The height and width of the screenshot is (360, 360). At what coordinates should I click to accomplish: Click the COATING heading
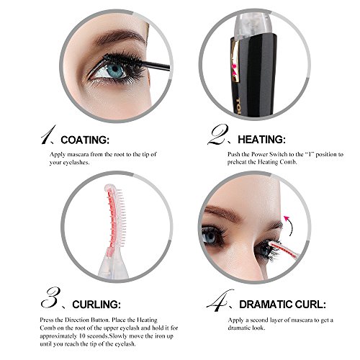click(85, 140)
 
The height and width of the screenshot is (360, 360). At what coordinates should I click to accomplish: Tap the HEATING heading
click(261, 140)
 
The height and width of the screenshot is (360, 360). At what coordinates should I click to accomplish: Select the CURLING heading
click(96, 305)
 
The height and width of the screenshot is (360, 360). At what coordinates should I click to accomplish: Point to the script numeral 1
click(48, 135)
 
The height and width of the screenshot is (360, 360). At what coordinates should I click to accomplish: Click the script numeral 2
click(217, 135)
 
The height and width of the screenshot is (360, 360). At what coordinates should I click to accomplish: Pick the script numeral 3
click(50, 297)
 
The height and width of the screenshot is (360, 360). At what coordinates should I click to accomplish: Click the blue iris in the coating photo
click(115, 70)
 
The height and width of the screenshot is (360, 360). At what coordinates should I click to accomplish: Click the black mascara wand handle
click(156, 66)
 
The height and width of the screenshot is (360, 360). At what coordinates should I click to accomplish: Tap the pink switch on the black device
click(234, 69)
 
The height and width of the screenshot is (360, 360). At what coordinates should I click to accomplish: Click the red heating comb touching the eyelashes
click(283, 250)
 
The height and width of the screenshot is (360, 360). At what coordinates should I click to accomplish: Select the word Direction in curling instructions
click(78, 320)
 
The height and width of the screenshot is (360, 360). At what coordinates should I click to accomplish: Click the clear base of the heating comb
click(112, 266)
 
